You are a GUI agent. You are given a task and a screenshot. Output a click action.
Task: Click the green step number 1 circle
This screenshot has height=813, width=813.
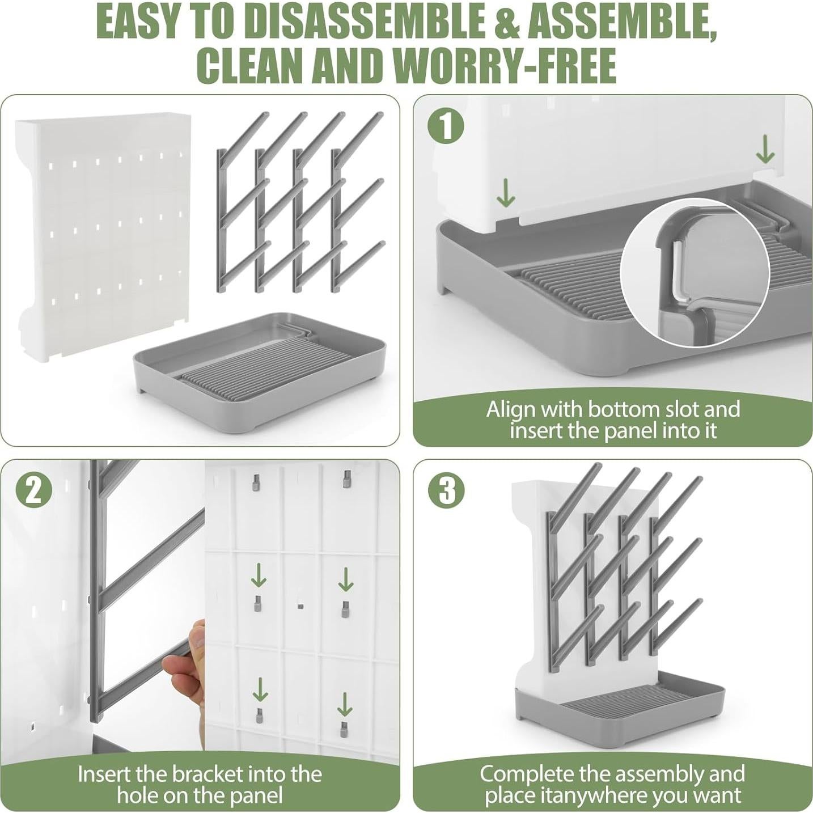pyautogui.click(x=447, y=126)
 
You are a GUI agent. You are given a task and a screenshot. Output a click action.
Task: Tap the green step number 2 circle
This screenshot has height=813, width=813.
pyautogui.click(x=34, y=491)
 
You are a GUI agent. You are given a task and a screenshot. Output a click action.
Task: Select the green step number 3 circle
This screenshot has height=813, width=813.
pyautogui.click(x=447, y=491)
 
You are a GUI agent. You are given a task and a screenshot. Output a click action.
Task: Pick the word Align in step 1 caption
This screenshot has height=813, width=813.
pyautogui.click(x=506, y=409)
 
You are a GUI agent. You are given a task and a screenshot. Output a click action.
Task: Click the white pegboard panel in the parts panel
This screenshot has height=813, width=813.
pyautogui.click(x=102, y=238)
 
